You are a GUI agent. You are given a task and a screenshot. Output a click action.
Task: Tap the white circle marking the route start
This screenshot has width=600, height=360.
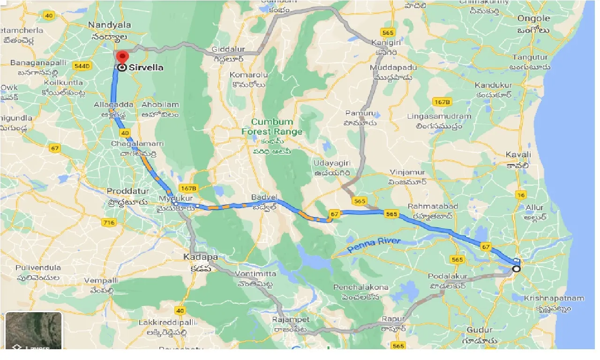tap(516, 269)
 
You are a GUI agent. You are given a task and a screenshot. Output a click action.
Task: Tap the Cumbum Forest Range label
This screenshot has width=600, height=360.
tap(272, 127)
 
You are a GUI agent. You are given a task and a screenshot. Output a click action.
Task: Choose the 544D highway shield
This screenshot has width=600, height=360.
tap(82, 67)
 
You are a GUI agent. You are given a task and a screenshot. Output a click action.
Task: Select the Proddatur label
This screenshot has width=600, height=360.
tap(127, 191)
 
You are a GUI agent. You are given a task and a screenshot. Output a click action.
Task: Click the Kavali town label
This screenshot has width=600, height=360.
tap(518, 155)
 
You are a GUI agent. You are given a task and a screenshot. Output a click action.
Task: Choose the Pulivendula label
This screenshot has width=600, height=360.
tap(38, 268)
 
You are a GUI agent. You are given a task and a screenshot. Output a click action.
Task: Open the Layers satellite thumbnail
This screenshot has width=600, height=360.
tap(34, 331)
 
